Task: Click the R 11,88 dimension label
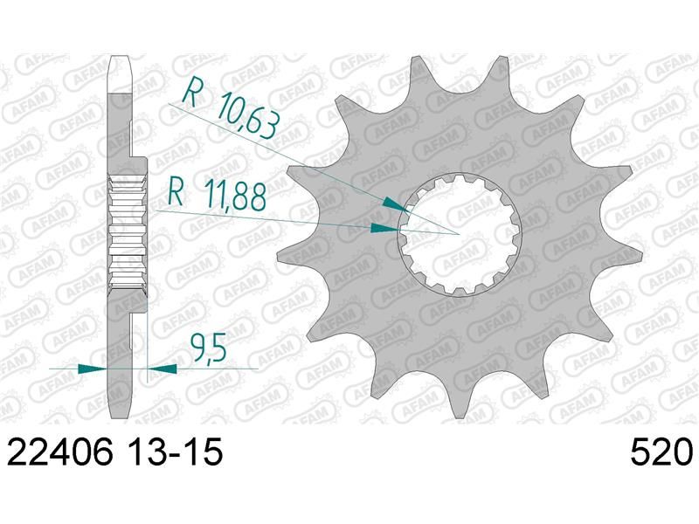pos(217,196)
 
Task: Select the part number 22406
pos(60,452)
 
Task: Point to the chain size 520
pos(661,452)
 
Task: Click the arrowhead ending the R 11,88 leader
pos(385,229)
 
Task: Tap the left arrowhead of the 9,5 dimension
pos(93,369)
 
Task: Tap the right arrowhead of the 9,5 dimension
pos(162,369)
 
